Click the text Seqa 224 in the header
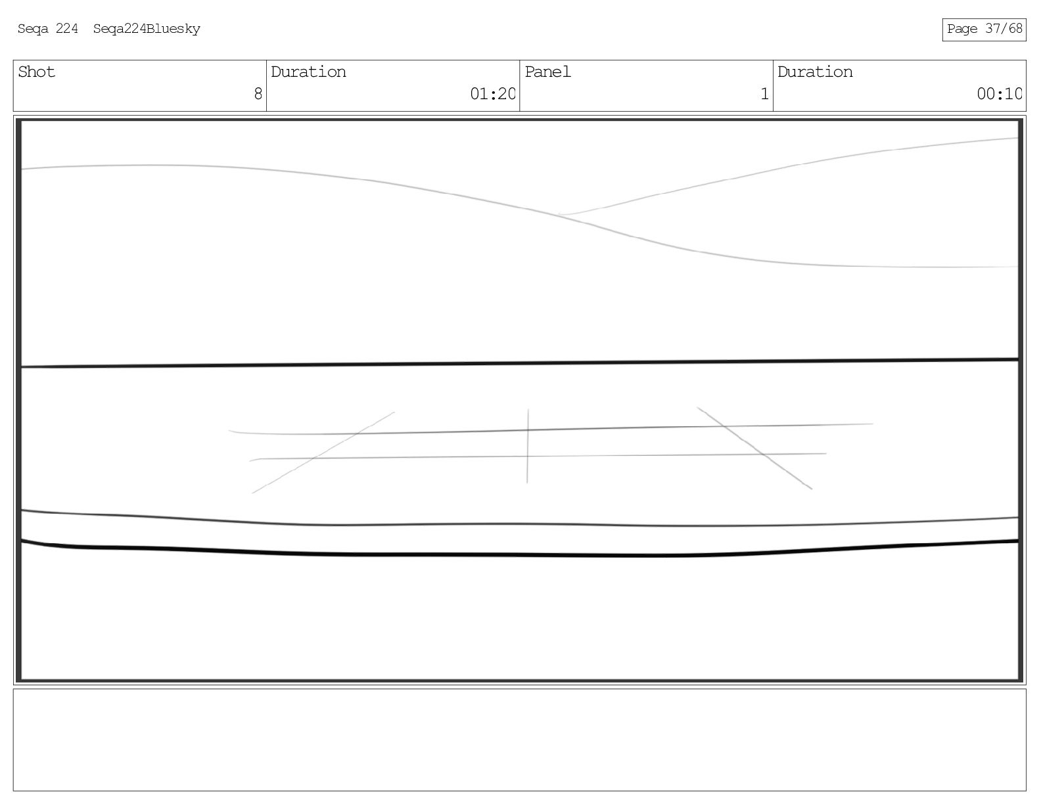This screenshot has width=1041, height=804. click(47, 29)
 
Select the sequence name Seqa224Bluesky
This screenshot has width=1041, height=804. click(147, 29)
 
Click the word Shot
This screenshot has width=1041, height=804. click(37, 72)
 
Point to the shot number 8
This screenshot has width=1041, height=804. click(258, 95)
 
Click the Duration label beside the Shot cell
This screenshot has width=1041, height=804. click(308, 72)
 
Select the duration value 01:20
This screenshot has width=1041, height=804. click(492, 95)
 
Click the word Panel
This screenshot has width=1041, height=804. click(547, 72)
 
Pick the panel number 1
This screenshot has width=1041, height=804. click(764, 95)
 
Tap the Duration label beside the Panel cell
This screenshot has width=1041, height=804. click(815, 72)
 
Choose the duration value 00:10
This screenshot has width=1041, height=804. click(999, 95)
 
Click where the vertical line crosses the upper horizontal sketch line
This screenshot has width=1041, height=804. click(528, 430)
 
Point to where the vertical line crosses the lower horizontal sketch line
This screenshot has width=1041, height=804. click(527, 456)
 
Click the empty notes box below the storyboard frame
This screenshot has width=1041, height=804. click(519, 740)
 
